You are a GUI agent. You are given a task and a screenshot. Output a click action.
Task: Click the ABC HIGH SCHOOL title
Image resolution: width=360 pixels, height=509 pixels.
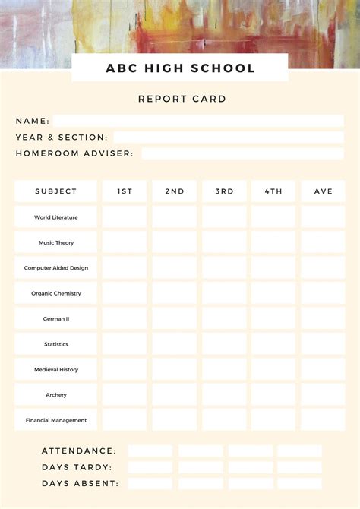coord(180,68)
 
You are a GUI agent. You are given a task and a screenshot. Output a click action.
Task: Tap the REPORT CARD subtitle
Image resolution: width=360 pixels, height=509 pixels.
coord(182,99)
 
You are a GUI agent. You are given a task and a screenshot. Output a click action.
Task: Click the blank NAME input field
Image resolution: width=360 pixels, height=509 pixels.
coord(197,121)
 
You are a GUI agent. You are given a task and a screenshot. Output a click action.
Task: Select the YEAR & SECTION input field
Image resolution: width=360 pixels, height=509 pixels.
coord(228,138)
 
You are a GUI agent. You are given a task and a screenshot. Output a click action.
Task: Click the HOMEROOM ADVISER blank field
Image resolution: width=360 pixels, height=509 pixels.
coord(242,153)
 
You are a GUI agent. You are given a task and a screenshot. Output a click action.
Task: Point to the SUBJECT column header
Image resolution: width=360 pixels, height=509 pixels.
coord(56,191)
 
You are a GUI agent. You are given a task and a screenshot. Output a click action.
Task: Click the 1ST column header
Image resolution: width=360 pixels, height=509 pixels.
coord(125,191)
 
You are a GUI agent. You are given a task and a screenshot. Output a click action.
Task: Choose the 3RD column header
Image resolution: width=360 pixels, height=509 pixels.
coord(224,191)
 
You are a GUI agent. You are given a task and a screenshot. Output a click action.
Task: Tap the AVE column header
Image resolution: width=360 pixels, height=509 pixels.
coord(324,191)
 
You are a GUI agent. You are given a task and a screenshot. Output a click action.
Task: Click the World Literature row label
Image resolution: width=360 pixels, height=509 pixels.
coord(56,217)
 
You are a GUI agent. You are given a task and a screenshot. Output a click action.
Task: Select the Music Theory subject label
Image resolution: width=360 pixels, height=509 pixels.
coord(56,243)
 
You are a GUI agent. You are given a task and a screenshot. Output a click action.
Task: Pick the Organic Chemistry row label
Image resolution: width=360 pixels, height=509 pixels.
coord(56,293)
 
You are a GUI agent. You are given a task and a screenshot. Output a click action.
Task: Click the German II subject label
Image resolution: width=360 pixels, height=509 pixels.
coord(56,319)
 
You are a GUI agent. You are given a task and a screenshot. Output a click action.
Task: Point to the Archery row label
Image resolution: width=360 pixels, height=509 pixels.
coord(56,395)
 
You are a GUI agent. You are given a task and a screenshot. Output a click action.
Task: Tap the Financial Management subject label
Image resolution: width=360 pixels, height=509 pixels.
coord(56,420)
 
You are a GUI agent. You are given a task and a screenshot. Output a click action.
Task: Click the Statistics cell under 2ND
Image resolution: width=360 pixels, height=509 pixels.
coord(174,344)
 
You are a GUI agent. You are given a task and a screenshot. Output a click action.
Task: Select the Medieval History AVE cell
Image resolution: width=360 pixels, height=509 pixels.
coord(324,369)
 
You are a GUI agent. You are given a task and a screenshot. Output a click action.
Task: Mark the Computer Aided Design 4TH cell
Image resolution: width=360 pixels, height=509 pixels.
coord(273,268)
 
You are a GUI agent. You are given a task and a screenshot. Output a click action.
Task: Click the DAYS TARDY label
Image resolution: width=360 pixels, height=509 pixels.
coord(77,467)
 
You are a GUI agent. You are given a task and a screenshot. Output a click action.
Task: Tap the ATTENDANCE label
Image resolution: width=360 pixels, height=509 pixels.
coord(79,451)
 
